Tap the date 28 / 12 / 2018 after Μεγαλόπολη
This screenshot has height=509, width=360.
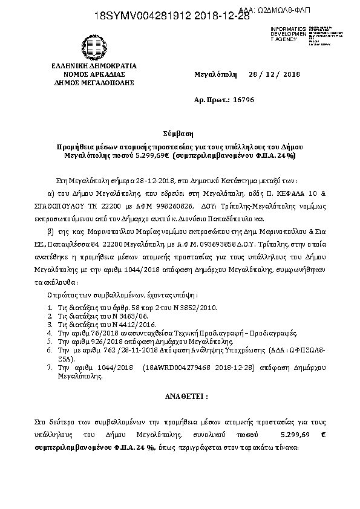pos(275,74)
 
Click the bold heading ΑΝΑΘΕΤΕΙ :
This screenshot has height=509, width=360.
pos(180,397)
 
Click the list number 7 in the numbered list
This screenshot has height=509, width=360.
pos(50,367)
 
